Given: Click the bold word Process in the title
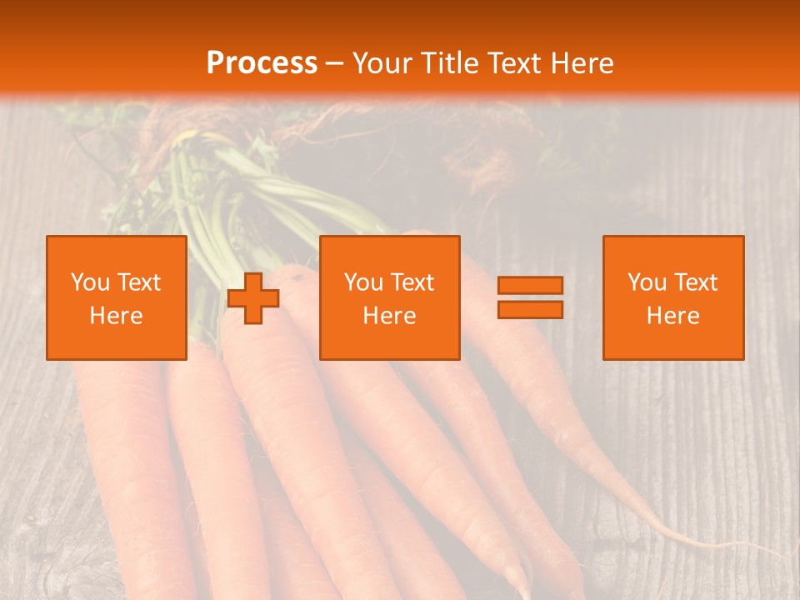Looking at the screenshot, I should click(x=262, y=63).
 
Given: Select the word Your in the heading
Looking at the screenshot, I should click(x=381, y=63).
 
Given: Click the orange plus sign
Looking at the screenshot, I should click(x=253, y=297).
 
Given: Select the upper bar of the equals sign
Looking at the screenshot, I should click(x=530, y=285).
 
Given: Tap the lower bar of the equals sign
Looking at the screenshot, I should click(x=530, y=309).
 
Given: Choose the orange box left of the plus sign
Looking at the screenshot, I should click(x=117, y=297).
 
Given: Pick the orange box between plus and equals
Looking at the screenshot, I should click(x=390, y=297).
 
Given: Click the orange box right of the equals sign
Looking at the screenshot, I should click(x=673, y=297).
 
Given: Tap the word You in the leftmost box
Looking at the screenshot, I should click(x=91, y=282).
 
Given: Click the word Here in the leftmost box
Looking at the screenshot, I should click(x=117, y=316).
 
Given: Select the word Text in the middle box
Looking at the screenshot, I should click(x=412, y=282).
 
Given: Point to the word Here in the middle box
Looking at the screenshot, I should click(x=390, y=316).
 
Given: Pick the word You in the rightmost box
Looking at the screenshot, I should click(x=647, y=282).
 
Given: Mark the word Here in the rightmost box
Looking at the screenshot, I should click(x=673, y=316).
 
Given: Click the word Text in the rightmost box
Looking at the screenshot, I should click(x=696, y=282).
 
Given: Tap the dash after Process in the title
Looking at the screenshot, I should click(x=335, y=63).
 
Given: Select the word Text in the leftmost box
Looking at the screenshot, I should click(x=139, y=282).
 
